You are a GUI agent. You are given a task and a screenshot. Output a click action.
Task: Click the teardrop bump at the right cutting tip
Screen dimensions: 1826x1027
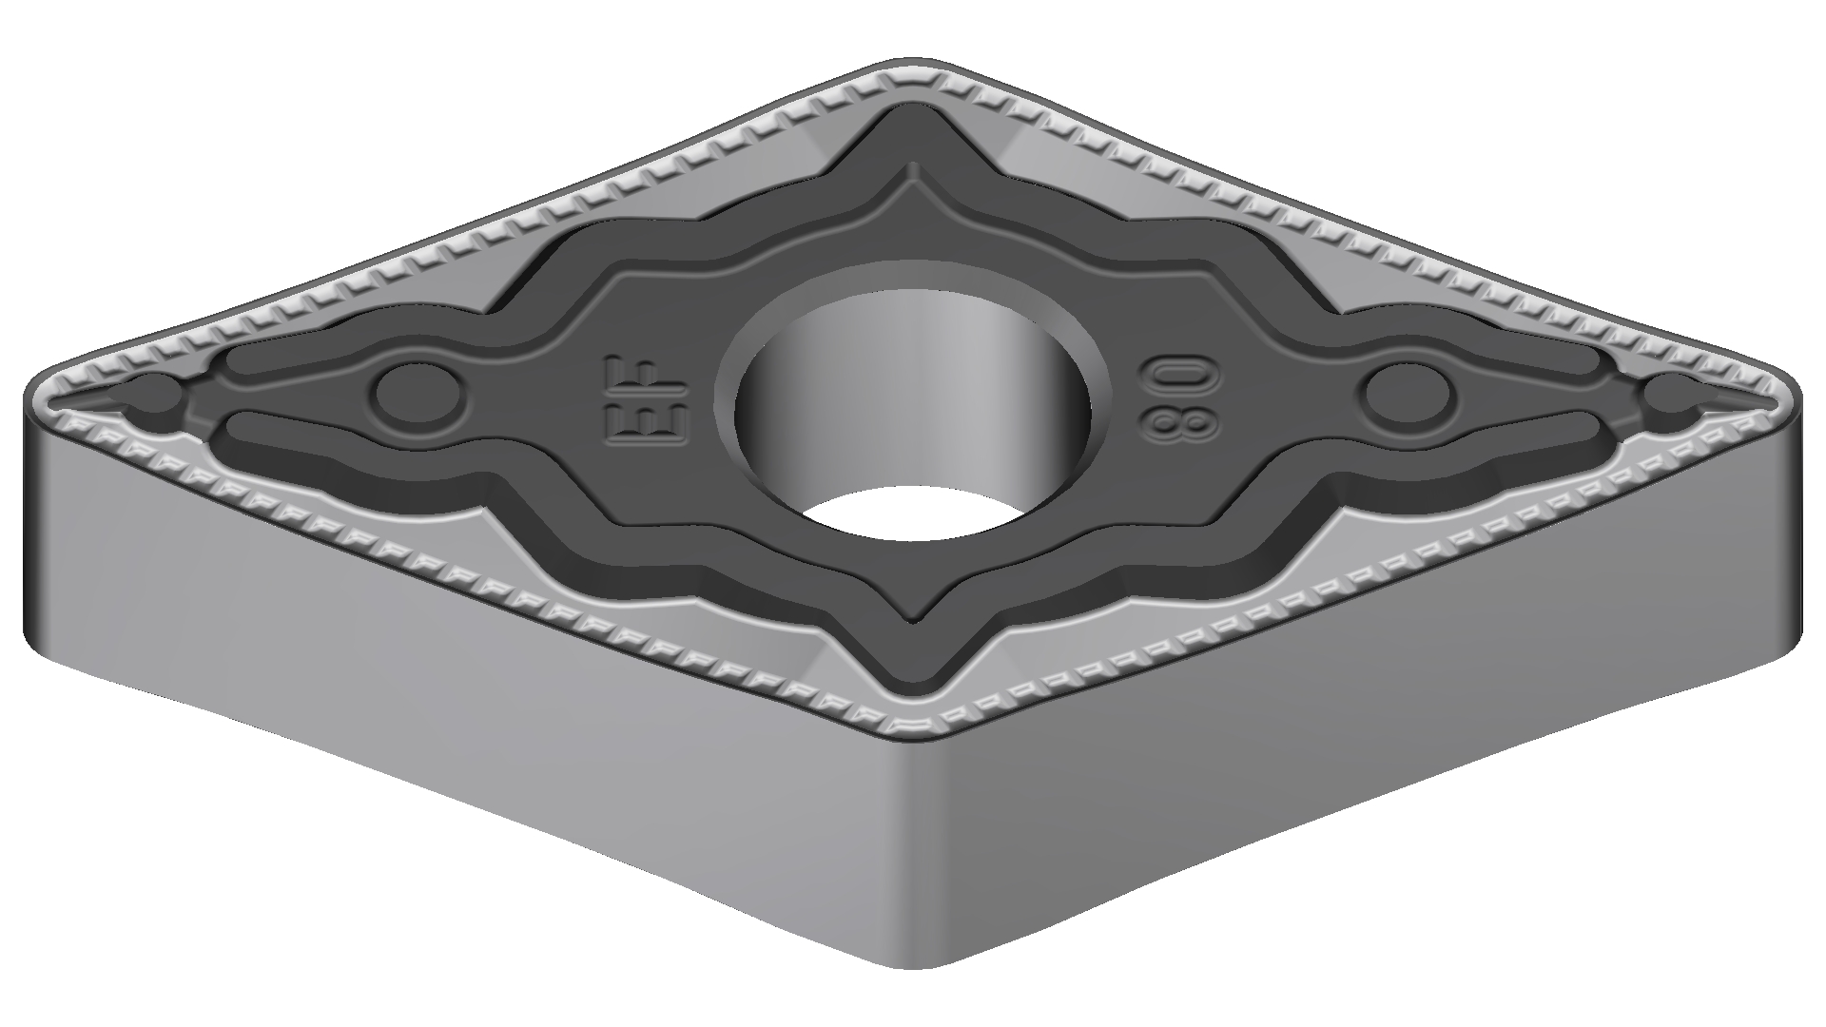[x=1676, y=397]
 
